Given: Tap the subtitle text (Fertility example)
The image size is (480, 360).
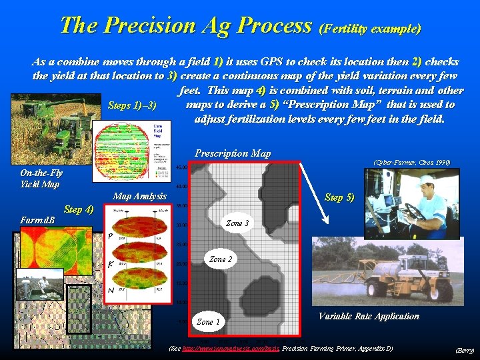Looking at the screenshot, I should click(371, 29).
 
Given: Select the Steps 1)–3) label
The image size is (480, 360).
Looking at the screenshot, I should click(132, 106).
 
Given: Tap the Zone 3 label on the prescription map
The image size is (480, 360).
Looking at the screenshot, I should click(238, 223).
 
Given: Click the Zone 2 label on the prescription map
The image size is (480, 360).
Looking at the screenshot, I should click(221, 259).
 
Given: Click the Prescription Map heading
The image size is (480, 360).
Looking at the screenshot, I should click(233, 153).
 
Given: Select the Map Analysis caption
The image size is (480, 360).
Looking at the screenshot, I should click(139, 196).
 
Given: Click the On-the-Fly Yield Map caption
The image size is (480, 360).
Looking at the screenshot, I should click(40, 179).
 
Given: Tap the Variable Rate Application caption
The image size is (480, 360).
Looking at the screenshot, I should click(369, 316).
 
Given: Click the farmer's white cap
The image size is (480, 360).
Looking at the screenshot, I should click(426, 180).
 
